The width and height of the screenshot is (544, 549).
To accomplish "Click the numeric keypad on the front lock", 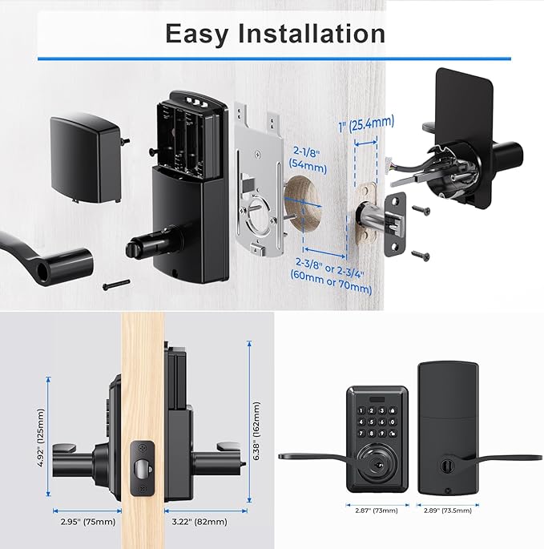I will [377, 421].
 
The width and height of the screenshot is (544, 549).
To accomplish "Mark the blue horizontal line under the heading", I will [274, 58].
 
